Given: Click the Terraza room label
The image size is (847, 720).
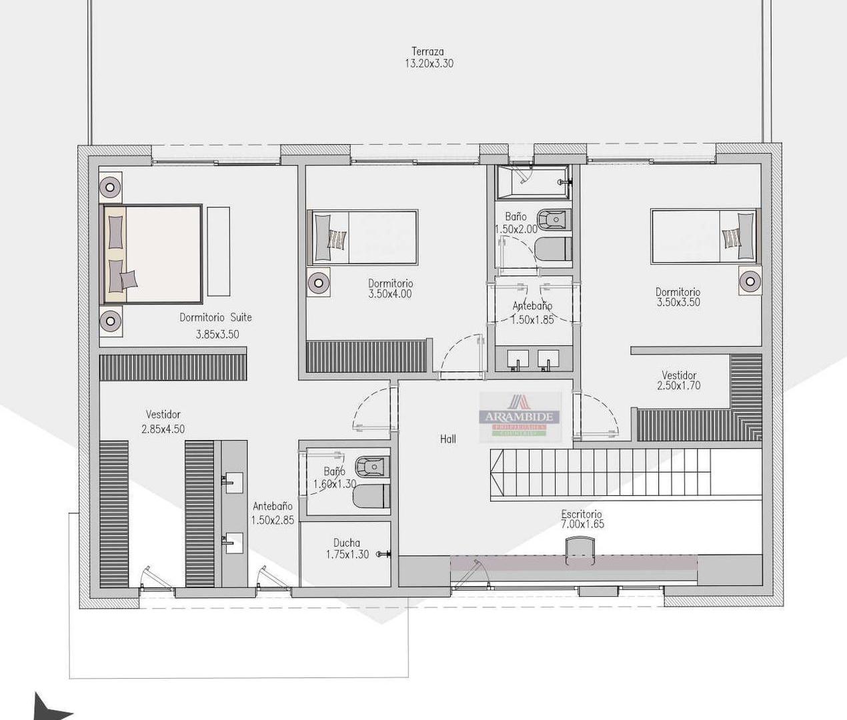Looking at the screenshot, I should [x=428, y=51].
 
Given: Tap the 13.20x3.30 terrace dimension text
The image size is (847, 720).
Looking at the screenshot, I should [x=429, y=64].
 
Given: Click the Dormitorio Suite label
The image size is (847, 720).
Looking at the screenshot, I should [x=215, y=317].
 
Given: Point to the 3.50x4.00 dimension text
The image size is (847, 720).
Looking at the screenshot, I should [x=390, y=294].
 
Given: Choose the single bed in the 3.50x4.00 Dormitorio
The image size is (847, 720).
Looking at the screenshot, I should [x=363, y=237].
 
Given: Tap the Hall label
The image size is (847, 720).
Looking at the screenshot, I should [x=448, y=439].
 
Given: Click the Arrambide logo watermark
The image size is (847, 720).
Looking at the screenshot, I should [x=520, y=417].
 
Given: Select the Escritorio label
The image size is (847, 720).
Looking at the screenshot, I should [x=582, y=514].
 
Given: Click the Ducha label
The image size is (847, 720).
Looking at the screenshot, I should [x=347, y=543].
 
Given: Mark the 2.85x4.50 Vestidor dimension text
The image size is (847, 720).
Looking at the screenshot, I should [x=163, y=429].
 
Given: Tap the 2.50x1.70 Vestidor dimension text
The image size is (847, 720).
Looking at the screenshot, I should [x=679, y=386].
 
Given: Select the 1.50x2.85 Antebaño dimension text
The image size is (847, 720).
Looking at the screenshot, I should [x=273, y=520].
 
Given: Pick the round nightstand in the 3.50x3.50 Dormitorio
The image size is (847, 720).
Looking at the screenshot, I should [x=750, y=281].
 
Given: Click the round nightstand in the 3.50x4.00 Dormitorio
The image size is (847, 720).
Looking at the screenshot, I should [x=319, y=283].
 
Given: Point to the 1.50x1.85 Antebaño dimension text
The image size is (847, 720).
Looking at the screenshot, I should [x=533, y=320].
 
